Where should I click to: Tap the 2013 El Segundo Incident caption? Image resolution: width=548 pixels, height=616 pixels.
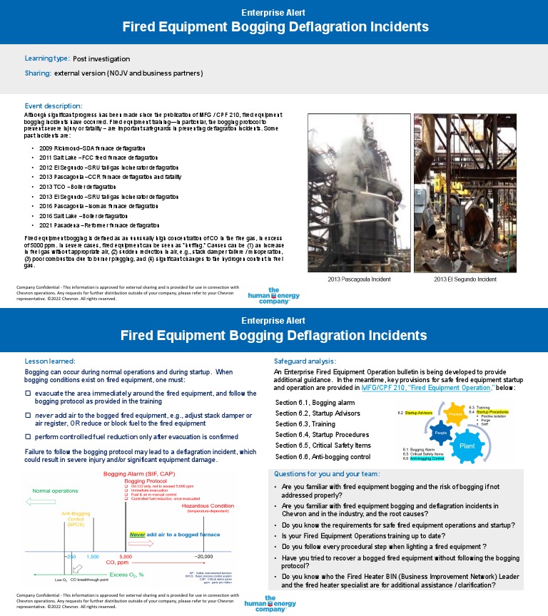click(x=465, y=279)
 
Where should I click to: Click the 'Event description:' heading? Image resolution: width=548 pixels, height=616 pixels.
click(x=54, y=106)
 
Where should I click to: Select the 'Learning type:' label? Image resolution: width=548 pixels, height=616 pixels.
click(x=47, y=58)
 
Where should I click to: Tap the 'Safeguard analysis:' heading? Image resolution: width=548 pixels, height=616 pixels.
click(x=305, y=361)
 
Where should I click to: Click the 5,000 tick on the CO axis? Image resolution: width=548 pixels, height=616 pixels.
click(x=126, y=555)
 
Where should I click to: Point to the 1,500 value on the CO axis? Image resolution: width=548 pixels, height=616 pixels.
click(x=93, y=555)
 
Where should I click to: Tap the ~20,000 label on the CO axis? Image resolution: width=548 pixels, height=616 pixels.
click(x=203, y=555)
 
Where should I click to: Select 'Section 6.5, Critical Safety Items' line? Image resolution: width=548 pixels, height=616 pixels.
click(x=323, y=445)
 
